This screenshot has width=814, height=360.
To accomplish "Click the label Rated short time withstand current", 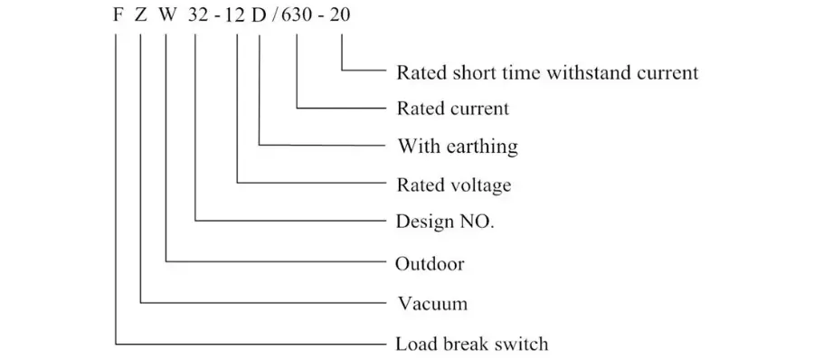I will click(547, 72).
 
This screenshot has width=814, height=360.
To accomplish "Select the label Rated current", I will click(453, 109).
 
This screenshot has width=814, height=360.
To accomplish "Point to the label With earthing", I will click(458, 147).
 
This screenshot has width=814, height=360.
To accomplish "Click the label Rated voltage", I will click(454, 185).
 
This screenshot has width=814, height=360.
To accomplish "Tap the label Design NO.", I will click(445, 222).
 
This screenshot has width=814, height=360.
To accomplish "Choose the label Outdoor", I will click(430, 264).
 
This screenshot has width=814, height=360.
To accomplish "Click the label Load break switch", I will click(472, 344).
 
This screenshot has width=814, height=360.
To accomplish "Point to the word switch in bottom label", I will click(522, 344).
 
